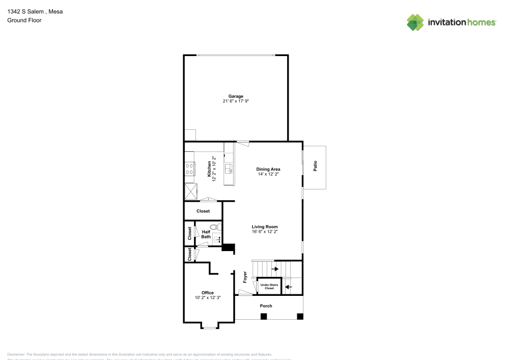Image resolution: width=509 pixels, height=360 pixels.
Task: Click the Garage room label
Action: pos(236,96)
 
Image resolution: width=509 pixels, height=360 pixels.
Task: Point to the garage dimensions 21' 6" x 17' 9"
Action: pos(236,101)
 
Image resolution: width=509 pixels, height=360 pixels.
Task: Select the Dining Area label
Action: pos(268,169)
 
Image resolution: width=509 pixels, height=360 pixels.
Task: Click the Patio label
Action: pos(315,166)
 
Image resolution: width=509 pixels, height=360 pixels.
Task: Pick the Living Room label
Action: pos(265,227)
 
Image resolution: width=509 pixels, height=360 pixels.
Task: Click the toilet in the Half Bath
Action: pos(214,227)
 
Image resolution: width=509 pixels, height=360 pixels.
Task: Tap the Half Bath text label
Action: pos(206,234)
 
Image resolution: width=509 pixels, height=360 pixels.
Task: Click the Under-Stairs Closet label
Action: pos(267,287)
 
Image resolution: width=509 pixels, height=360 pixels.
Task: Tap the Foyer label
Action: pos(245,277)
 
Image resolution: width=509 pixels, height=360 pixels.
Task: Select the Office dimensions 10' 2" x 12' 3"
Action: pos(207,297)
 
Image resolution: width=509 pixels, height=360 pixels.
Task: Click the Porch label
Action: pos(266,306)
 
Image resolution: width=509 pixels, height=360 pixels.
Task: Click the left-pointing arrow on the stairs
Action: pos(288,287)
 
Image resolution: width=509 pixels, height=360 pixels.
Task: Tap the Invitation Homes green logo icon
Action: pos(415,22)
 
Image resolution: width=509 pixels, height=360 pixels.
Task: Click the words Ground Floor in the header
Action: pos(24,20)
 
